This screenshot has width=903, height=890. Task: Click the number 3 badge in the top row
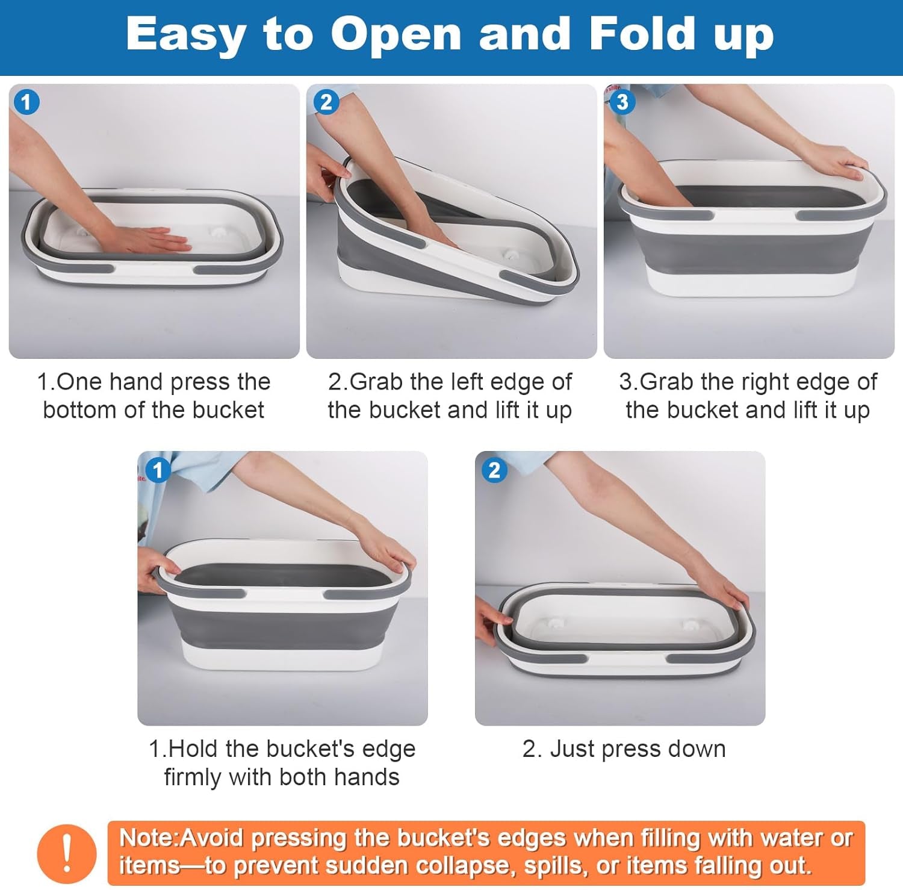(622, 101)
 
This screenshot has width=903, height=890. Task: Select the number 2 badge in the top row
(326, 102)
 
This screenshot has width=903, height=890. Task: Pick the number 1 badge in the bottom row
(158, 470)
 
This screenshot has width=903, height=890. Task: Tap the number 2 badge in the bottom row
(494, 470)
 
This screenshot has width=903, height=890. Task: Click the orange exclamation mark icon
(67, 853)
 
